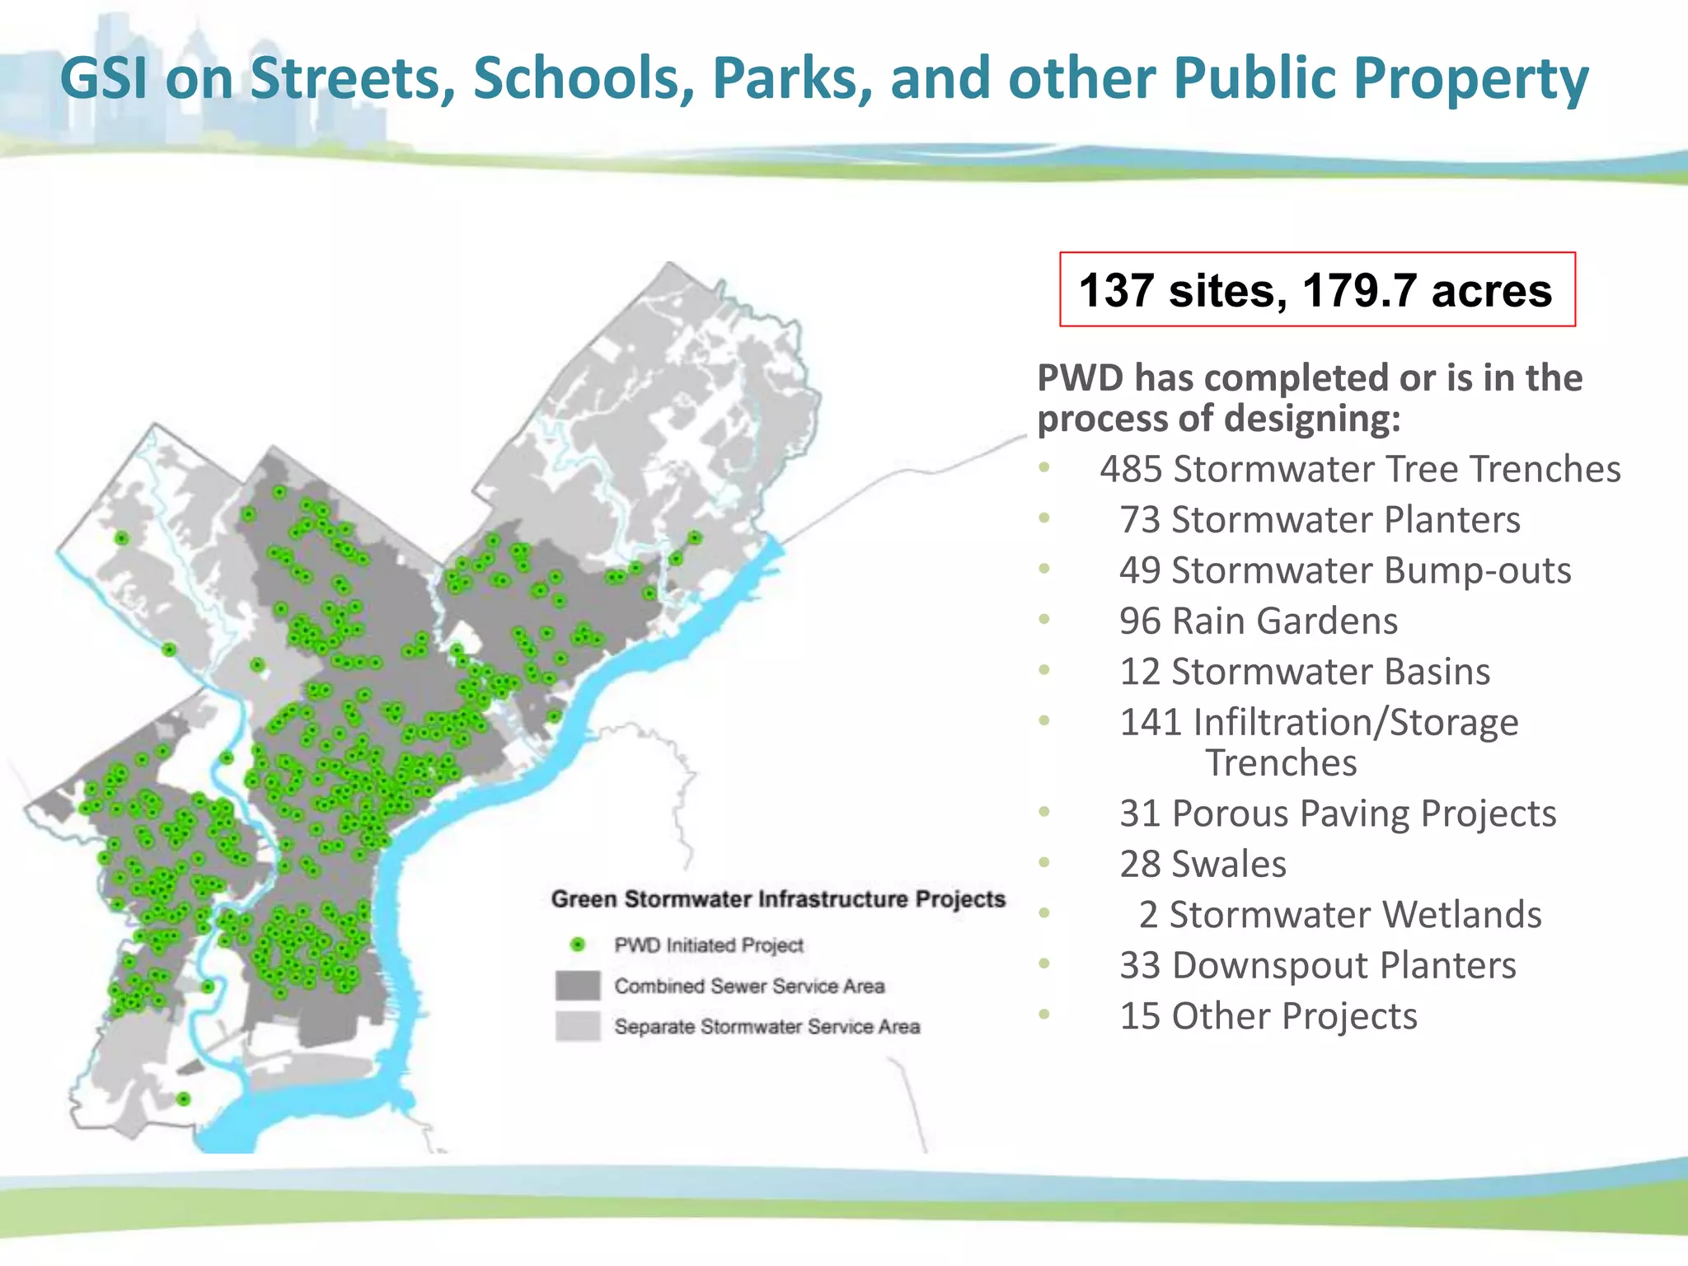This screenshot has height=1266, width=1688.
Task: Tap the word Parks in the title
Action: [x=792, y=78]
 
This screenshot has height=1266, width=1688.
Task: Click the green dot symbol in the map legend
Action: [x=578, y=945]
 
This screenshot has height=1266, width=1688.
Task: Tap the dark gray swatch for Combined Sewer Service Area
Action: [x=578, y=985]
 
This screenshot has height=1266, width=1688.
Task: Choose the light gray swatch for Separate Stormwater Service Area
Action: [x=578, y=1026]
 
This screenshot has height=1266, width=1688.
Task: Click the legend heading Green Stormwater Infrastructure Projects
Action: [x=778, y=898]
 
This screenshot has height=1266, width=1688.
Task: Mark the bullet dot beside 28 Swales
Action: [x=1045, y=863]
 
